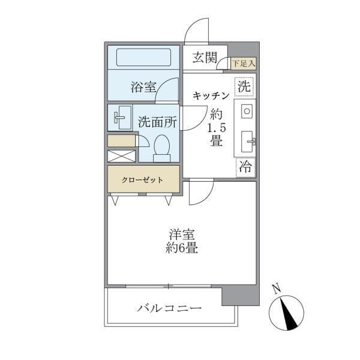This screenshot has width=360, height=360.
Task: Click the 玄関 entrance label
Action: (205, 58)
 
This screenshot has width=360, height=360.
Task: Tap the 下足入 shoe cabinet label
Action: (244, 62)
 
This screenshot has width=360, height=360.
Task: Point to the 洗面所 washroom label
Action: (157, 121)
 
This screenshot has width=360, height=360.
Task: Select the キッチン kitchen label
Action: (211, 95)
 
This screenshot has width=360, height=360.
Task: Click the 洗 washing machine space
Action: (244, 86)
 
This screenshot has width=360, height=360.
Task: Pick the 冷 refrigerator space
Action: (245, 166)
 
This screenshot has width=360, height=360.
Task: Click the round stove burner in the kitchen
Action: (246, 111)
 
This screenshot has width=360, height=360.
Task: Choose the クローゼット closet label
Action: (143, 179)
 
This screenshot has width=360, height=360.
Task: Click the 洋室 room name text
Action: (182, 235)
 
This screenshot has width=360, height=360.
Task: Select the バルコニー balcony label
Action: (169, 308)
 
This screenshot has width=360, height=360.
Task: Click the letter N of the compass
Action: (277, 288)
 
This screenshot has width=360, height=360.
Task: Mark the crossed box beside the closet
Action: (121, 156)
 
